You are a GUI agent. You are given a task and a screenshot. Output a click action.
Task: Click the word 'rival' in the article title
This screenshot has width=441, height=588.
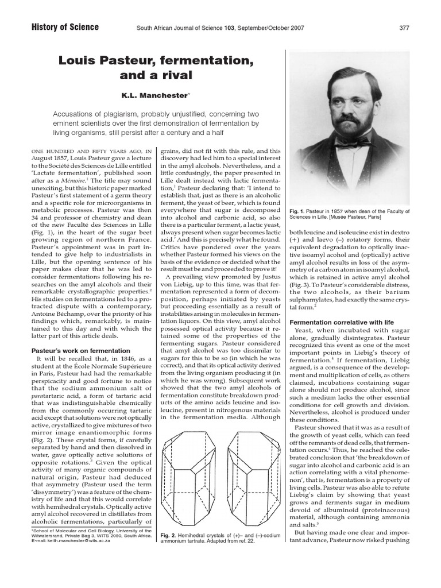coord(178,75)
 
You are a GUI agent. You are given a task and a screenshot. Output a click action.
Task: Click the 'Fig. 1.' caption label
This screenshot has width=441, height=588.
coord(299,211)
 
